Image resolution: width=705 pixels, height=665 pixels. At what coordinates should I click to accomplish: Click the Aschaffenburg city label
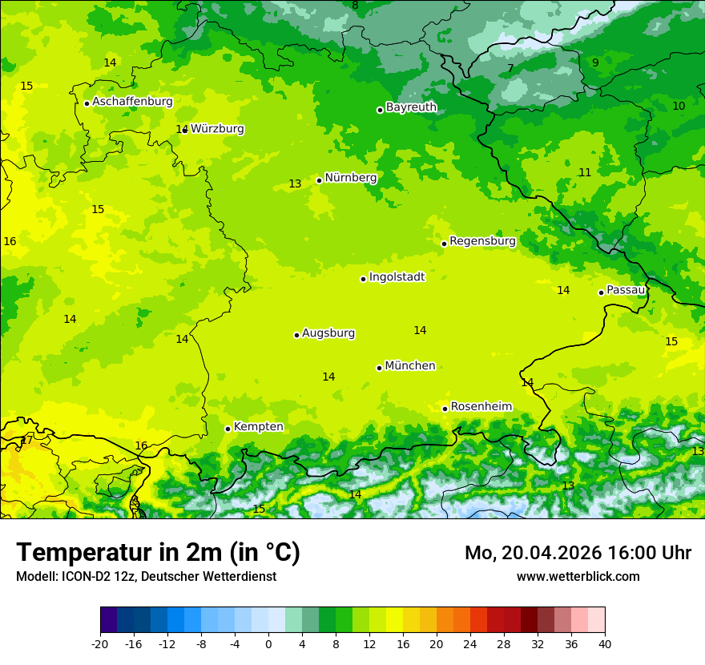coord(132,102)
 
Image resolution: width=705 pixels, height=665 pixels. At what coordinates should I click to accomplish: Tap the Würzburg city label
coord(217,129)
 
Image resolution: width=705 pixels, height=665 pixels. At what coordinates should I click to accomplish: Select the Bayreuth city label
coord(411,107)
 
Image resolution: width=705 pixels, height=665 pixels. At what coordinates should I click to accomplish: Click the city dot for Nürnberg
coord(319,180)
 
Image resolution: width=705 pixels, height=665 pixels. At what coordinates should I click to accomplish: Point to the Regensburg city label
coord(482,241)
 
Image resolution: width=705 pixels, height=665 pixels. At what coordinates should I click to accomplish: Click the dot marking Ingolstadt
coord(363,279)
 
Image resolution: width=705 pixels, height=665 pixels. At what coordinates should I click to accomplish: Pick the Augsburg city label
coord(328,333)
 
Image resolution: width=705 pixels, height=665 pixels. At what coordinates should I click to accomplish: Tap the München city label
coord(409,366)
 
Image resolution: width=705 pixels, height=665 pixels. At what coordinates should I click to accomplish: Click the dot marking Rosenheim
coord(445,409)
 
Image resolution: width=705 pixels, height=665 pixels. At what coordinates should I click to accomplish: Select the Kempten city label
coord(258,427)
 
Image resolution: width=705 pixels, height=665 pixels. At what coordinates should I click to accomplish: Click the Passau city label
coord(626,290)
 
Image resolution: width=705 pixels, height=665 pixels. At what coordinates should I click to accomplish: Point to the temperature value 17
coord(27,441)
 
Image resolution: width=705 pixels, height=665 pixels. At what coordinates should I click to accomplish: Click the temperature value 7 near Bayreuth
coord(510,69)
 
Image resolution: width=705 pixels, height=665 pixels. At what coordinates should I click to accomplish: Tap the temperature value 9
coord(595,62)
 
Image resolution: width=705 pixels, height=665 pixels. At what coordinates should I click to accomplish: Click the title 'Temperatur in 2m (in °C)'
coord(158,553)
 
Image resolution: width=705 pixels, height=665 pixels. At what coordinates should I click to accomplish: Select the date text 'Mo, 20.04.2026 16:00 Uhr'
coord(578,553)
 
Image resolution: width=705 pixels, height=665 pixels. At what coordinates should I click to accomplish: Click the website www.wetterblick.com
coord(578,576)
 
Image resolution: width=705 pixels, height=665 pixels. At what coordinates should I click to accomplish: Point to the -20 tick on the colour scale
coord(100,643)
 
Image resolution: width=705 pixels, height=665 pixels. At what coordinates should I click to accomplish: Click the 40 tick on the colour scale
coord(604,643)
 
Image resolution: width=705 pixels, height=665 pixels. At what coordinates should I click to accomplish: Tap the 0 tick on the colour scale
coord(268,643)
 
